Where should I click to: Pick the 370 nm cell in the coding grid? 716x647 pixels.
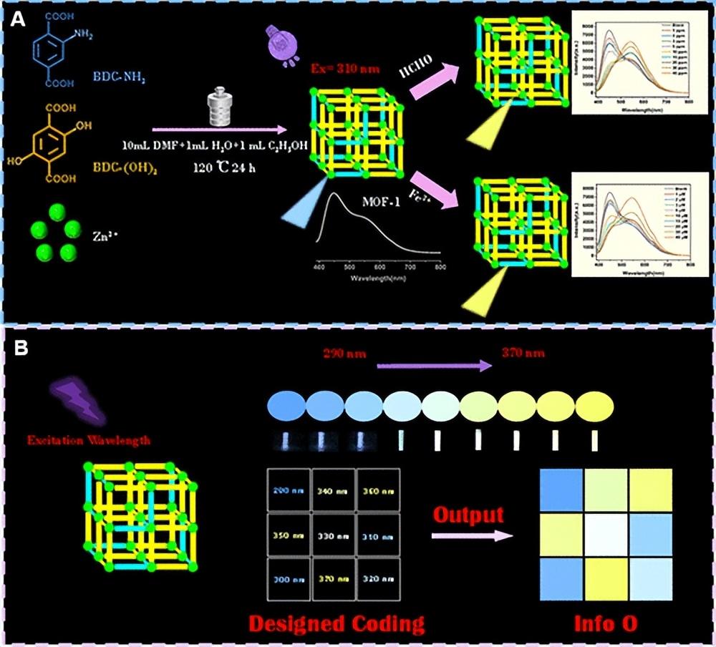click(333, 578)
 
